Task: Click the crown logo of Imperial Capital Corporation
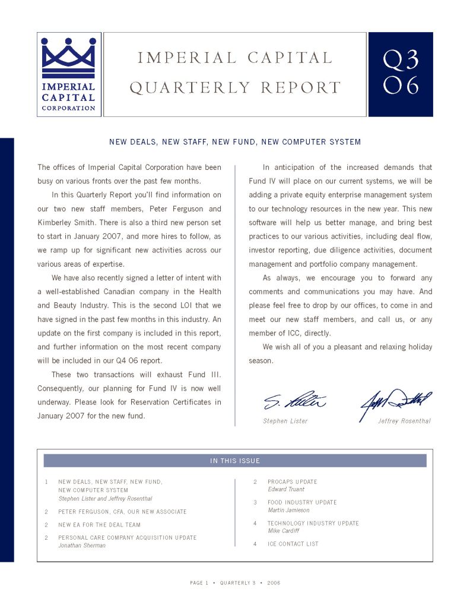pyautogui.click(x=68, y=57)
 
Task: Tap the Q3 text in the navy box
pyautogui.click(x=401, y=59)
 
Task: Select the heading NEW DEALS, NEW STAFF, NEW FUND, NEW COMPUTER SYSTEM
pyautogui.click(x=235, y=142)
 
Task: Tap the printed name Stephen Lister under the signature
pyautogui.click(x=285, y=421)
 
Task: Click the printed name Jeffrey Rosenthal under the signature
pyautogui.click(x=404, y=421)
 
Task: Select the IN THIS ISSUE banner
pyautogui.click(x=235, y=461)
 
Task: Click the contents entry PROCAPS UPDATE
pyautogui.click(x=292, y=482)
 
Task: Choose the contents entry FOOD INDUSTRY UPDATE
pyautogui.click(x=302, y=502)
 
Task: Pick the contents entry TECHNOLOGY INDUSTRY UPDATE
pyautogui.click(x=313, y=523)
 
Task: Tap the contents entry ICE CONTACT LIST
pyautogui.click(x=293, y=544)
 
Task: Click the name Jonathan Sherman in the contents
pyautogui.click(x=81, y=545)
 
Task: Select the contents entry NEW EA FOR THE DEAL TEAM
pyautogui.click(x=99, y=525)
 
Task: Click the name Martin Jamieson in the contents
pyautogui.click(x=288, y=510)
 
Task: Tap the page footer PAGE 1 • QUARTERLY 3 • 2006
pyautogui.click(x=235, y=583)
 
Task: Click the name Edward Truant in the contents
pyautogui.click(x=286, y=489)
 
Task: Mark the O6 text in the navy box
pyautogui.click(x=401, y=86)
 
